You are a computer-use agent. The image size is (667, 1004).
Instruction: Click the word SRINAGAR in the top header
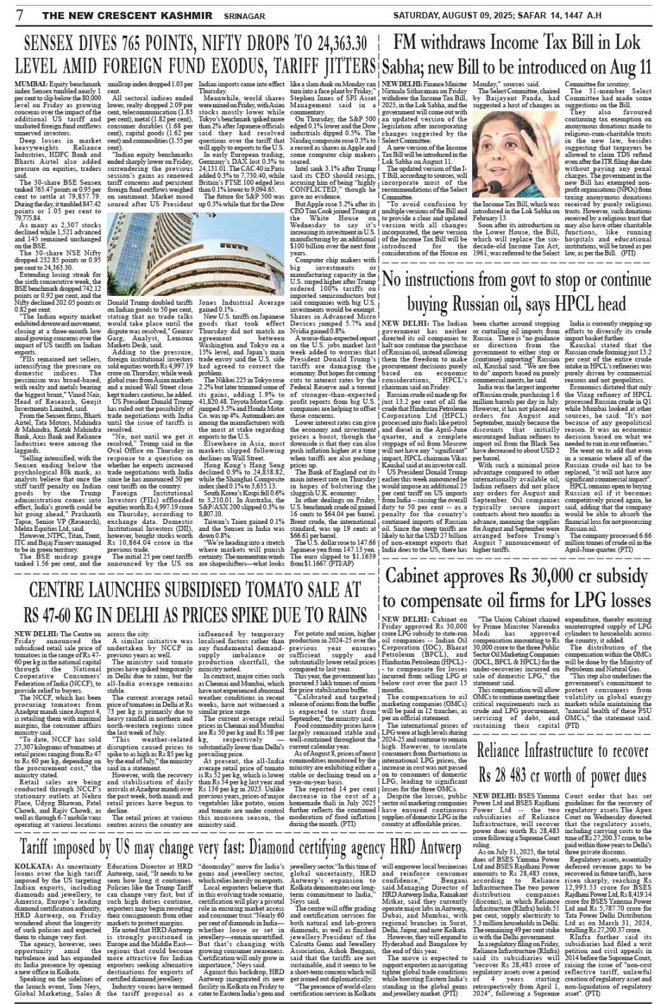pyautogui.click(x=224, y=15)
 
